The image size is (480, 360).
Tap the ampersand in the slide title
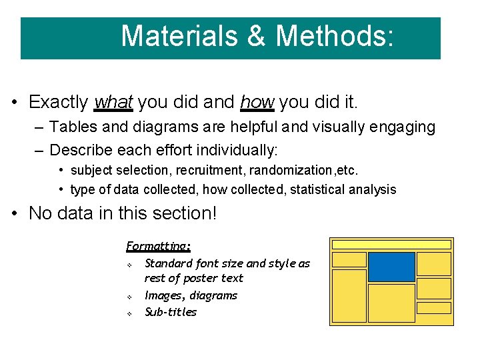[256, 36]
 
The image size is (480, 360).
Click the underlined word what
[114, 102]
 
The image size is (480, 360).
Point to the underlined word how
[257, 102]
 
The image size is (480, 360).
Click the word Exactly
[59, 102]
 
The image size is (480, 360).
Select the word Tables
[70, 127]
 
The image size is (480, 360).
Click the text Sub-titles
[171, 312]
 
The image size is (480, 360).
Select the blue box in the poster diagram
[391, 267]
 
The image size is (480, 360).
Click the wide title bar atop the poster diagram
[391, 245]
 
